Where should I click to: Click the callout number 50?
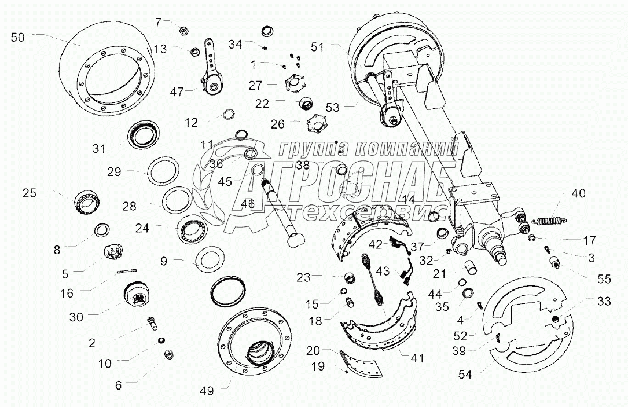[18, 38]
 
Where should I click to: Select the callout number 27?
[255, 85]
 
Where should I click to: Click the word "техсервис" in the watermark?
[365, 213]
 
